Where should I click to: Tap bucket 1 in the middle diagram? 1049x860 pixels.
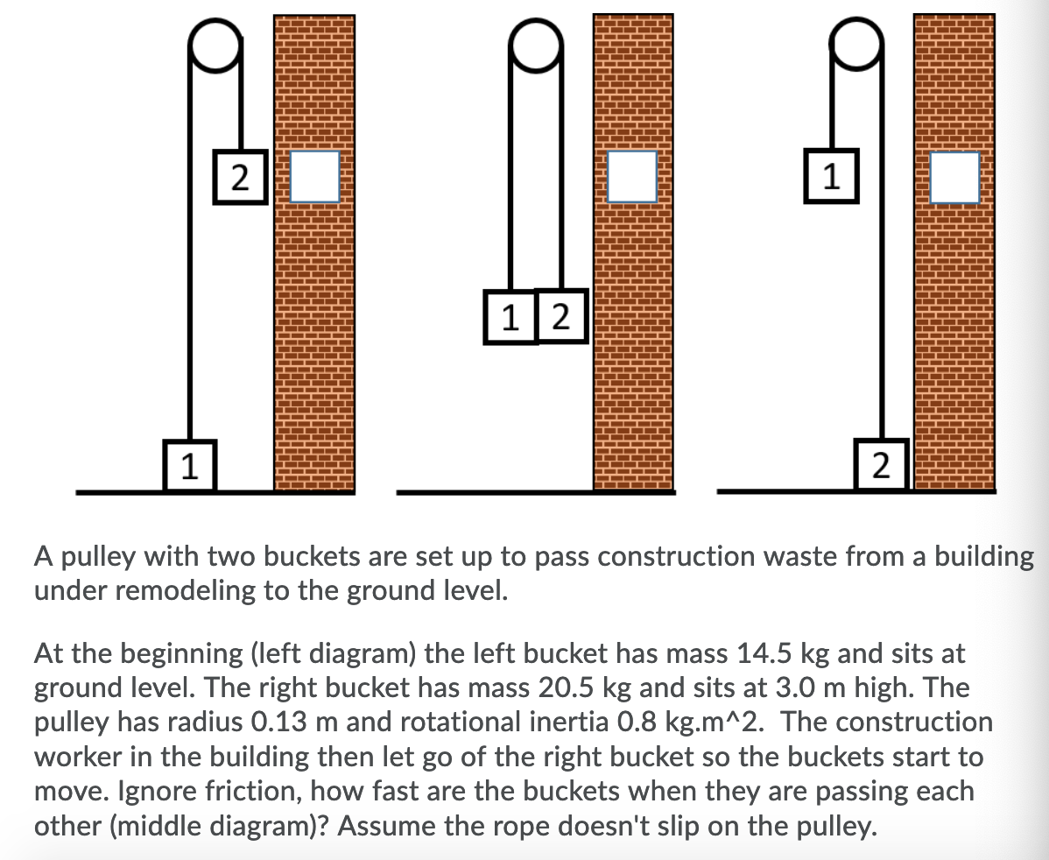pyautogui.click(x=510, y=316)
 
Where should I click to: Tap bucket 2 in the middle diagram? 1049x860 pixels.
pyautogui.click(x=561, y=316)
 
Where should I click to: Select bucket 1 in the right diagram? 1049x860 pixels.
pyautogui.click(x=830, y=177)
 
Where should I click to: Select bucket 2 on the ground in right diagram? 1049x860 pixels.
pyautogui.click(x=882, y=462)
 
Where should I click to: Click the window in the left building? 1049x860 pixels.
pyautogui.click(x=314, y=178)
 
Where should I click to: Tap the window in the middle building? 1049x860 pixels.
pyautogui.click(x=633, y=178)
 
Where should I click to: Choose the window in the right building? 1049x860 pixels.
pyautogui.click(x=954, y=178)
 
